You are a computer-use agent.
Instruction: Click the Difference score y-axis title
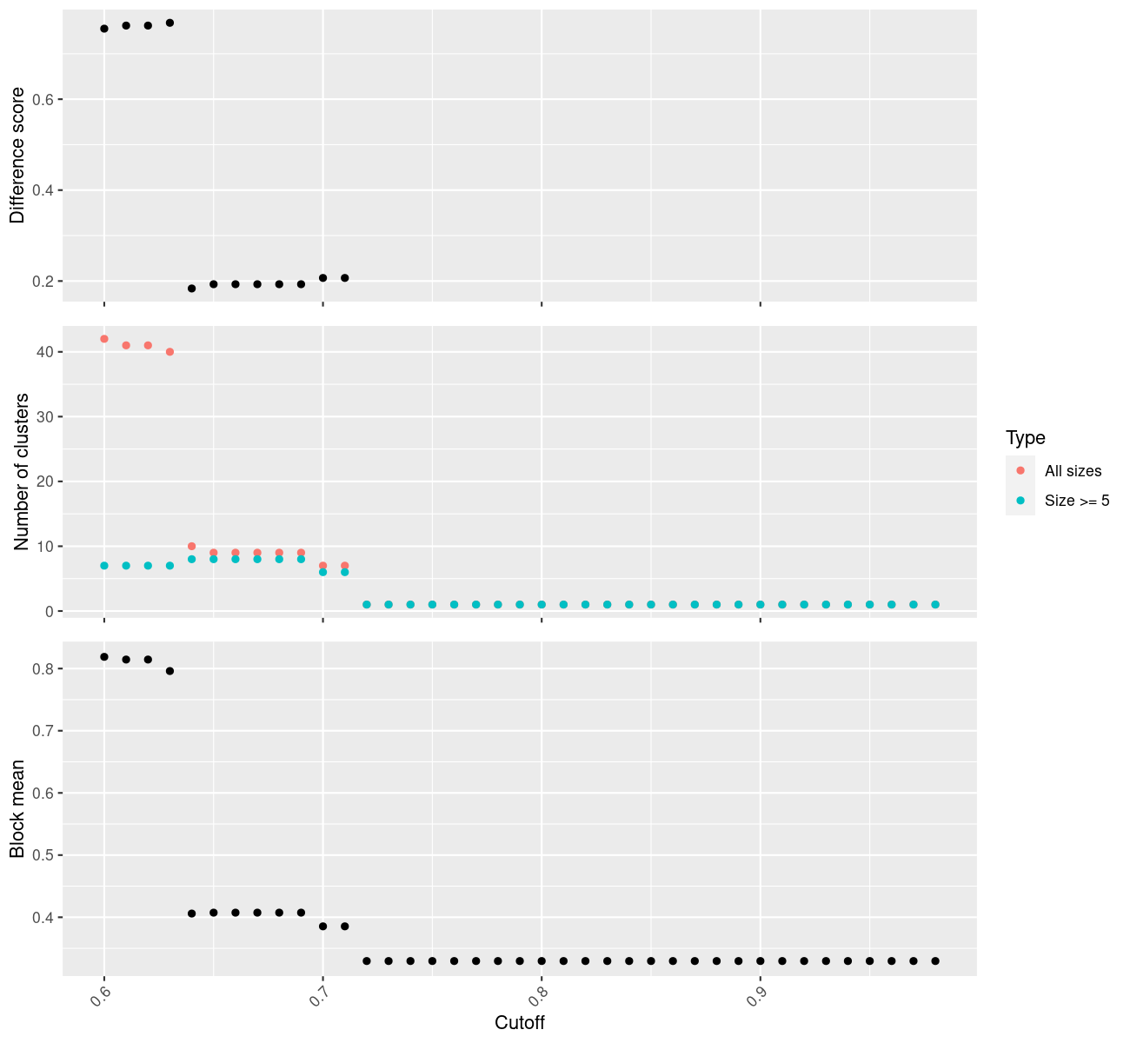coord(17,156)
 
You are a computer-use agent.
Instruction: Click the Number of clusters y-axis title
coord(22,472)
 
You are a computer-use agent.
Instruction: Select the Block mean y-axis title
coord(17,808)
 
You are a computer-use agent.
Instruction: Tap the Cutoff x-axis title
coord(520,1023)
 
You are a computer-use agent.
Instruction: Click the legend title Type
coord(1025,438)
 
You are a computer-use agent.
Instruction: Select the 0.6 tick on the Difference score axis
coord(45,100)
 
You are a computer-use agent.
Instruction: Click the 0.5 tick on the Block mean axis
coord(45,855)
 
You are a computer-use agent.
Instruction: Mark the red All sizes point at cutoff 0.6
coord(104,339)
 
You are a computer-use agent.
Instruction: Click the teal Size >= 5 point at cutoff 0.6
coord(104,566)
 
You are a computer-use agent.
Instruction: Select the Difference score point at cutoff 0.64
coord(192,289)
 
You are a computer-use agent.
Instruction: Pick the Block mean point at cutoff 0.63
coord(170,671)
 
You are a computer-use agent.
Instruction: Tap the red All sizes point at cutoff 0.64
coord(192,547)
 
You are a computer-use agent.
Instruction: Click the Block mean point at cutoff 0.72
coord(367,961)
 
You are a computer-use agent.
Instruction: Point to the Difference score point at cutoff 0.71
coord(345,278)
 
